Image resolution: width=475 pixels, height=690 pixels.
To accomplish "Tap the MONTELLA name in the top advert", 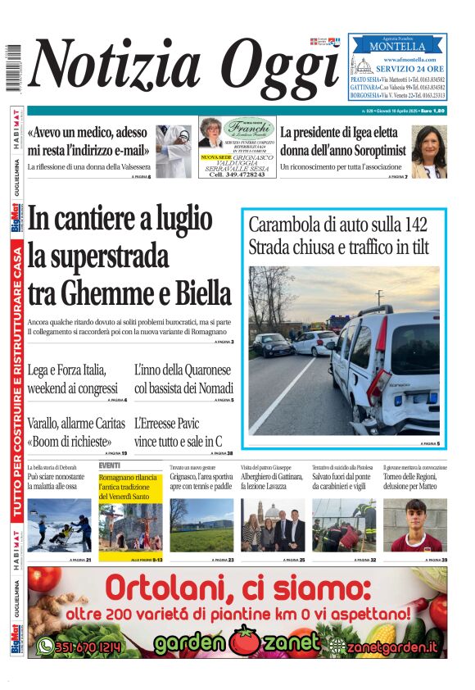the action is [x=397, y=48].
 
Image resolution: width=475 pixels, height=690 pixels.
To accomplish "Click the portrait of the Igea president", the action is [x=428, y=152].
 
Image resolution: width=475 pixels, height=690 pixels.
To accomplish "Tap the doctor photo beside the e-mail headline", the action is [x=174, y=151].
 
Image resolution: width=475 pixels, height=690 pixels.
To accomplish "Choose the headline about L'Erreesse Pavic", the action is [x=179, y=433].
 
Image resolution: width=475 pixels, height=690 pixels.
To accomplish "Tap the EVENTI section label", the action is [x=109, y=465].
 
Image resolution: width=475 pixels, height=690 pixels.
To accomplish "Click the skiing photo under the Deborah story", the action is [x=59, y=529].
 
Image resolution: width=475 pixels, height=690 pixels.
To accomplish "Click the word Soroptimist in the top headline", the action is [x=365, y=151].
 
